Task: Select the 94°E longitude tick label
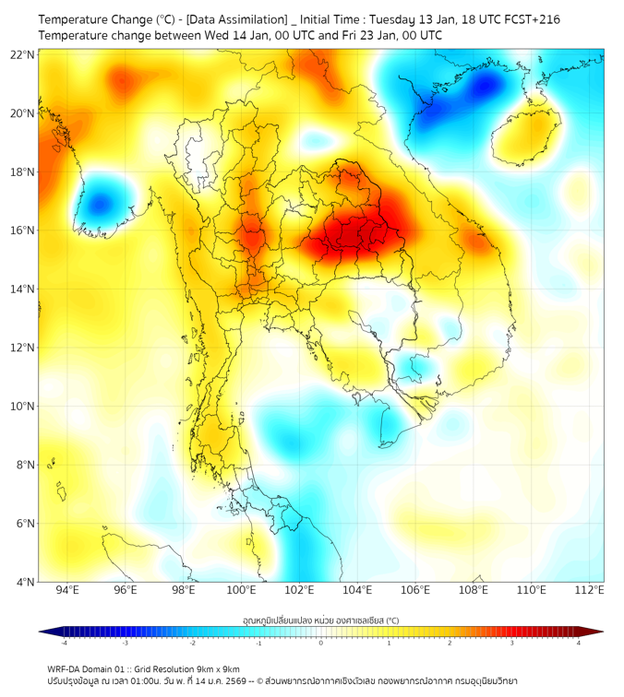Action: tap(67, 590)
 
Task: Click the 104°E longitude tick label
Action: tap(357, 590)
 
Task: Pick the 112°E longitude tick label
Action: tap(589, 590)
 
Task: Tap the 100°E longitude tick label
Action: tap(241, 590)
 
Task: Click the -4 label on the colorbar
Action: tap(64, 643)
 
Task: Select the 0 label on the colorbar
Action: tap(321, 643)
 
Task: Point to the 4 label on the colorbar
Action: tap(578, 643)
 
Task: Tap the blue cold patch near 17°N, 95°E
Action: tap(100, 204)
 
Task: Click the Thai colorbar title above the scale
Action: tap(321, 620)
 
